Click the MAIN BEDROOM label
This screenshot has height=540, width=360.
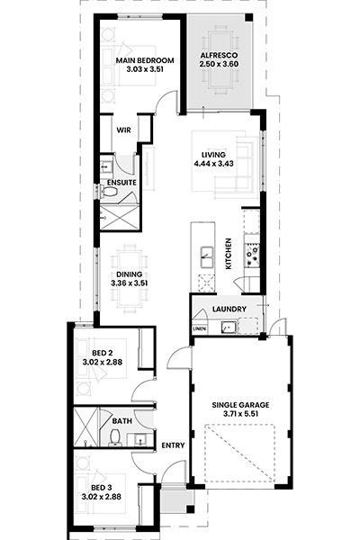point(145,60)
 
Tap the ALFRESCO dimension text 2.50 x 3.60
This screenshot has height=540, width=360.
point(219,64)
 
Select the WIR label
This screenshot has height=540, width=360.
point(123,130)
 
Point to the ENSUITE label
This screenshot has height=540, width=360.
point(121,183)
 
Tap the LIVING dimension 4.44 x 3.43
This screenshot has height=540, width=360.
point(213,164)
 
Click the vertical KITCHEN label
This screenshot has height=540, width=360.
point(228,254)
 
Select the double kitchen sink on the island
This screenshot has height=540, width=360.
point(207,256)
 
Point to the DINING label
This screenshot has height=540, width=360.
point(130,274)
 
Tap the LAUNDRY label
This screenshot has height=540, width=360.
point(229,310)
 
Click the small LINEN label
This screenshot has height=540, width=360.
point(200,328)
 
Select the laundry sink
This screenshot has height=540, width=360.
point(229,328)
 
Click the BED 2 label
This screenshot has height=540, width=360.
point(103,353)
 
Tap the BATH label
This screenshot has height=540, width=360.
point(122,421)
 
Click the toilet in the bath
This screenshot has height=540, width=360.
point(114,437)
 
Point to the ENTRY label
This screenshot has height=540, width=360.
point(173,445)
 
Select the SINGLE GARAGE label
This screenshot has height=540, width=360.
point(240,405)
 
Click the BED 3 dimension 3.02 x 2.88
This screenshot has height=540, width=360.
point(102,497)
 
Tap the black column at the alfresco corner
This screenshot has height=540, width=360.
point(248,18)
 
